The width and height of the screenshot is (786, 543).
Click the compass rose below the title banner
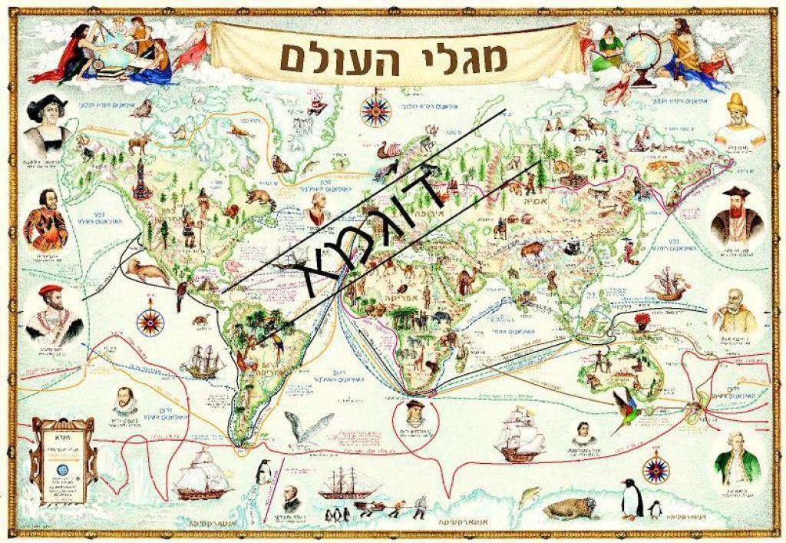[x=375, y=111]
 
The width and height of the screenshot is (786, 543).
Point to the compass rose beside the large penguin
[x=655, y=469]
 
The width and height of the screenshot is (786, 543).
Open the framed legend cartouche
[x=63, y=461]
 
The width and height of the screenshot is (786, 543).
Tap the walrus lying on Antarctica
[x=572, y=507]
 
